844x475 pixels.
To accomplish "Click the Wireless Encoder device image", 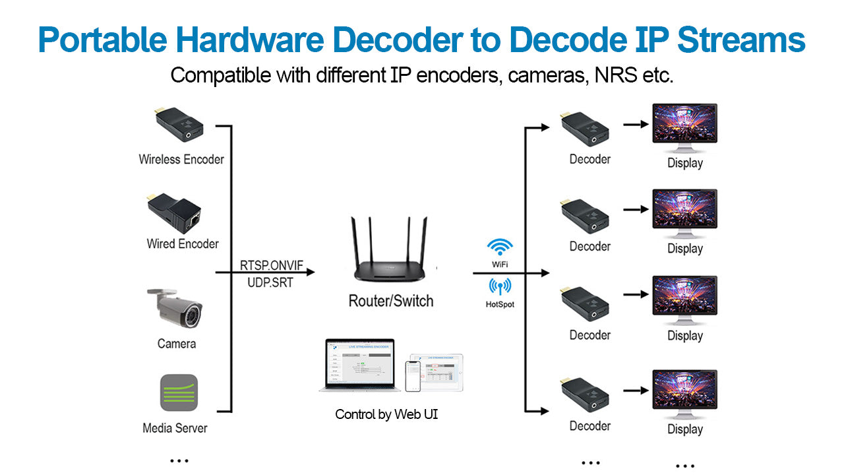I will click(176, 124).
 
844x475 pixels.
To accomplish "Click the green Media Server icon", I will click(179, 393).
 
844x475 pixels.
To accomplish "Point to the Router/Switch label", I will click(391, 301).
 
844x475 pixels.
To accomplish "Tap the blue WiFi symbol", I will click(500, 248).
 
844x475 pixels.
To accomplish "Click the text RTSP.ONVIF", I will click(272, 265).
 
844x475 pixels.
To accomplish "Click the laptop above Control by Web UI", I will click(361, 366).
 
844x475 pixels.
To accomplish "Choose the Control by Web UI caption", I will click(386, 414).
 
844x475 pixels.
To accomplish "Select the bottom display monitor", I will click(684, 394).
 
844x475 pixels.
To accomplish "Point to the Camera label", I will click(177, 344).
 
